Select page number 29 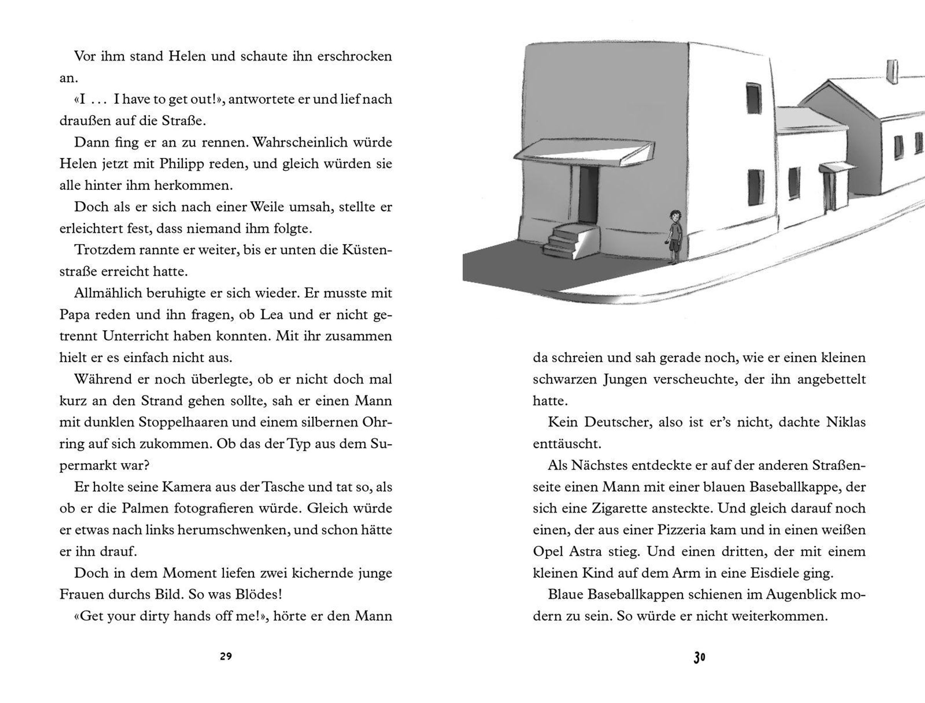[x=226, y=656]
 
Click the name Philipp [x=182, y=164]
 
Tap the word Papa [x=73, y=314]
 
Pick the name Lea [x=272, y=314]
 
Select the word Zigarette [x=615, y=508]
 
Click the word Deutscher [x=617, y=422]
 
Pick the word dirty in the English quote [x=151, y=616]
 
